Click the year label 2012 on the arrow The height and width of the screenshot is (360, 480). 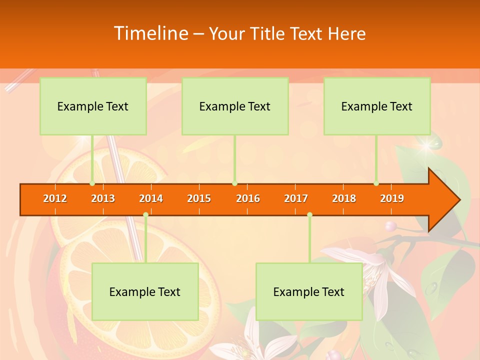[55, 198]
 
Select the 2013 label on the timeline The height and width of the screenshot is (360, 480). [103, 198]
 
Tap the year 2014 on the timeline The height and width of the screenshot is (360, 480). [151, 198]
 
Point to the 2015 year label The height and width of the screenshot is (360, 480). [199, 198]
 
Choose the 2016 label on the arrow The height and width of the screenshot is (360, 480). [248, 198]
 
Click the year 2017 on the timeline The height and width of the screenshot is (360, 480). [296, 198]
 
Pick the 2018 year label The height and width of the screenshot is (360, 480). [344, 198]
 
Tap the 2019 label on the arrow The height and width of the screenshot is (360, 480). [392, 198]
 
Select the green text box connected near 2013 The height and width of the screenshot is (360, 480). [93, 106]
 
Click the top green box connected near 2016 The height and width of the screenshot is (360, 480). [235, 106]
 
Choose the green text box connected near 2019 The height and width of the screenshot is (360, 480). [377, 106]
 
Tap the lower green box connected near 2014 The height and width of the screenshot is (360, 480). [145, 292]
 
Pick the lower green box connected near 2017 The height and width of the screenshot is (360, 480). [309, 292]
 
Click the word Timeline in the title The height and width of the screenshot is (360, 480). [150, 33]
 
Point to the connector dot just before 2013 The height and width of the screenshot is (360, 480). [92, 183]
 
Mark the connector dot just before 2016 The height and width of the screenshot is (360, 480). [234, 183]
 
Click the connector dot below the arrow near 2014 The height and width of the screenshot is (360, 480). [145, 215]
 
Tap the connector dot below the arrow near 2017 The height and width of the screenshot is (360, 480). [309, 215]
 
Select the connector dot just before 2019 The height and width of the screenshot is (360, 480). [376, 183]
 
